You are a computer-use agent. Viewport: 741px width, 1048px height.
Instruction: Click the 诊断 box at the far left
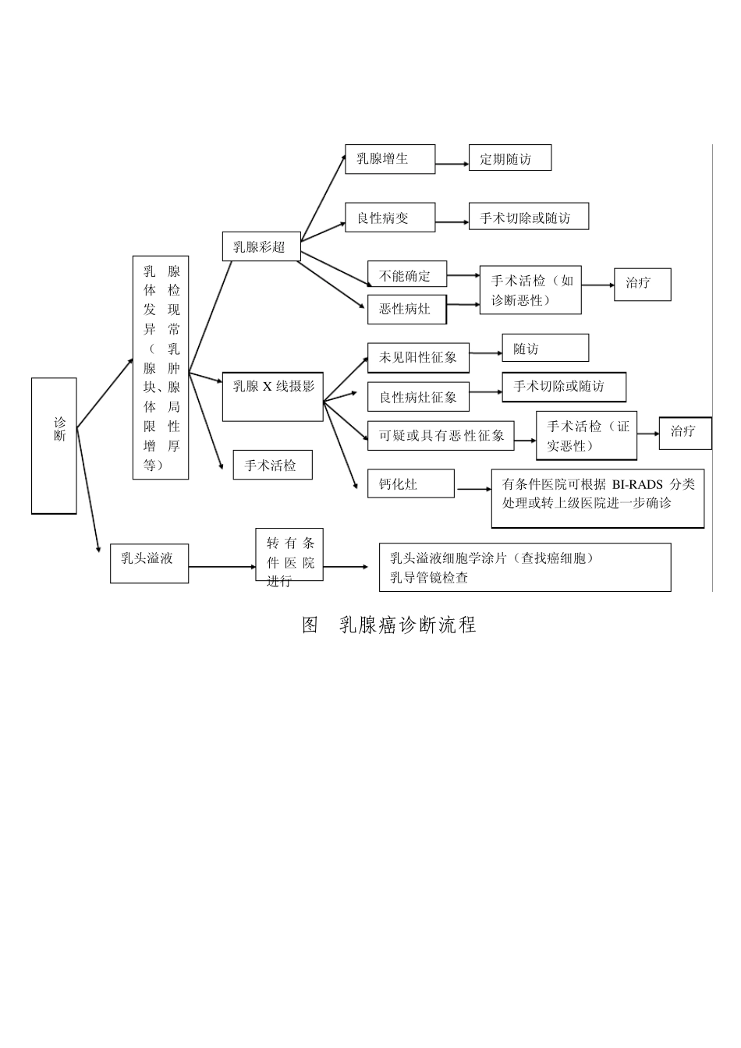(x=54, y=445)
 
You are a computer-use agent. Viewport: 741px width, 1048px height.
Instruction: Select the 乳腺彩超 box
(x=261, y=247)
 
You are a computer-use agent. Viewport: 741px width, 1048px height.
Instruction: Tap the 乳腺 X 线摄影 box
(x=273, y=397)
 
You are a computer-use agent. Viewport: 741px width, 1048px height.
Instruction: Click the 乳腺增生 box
(x=390, y=159)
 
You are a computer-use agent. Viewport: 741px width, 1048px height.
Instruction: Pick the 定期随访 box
(x=509, y=158)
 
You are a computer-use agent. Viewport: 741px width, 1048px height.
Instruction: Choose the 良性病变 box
(x=390, y=218)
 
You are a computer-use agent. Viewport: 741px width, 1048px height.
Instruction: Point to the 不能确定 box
(x=407, y=274)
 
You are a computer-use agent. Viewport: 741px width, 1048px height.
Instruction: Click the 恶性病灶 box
(x=407, y=310)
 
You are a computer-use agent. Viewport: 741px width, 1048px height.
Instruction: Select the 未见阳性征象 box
(x=418, y=358)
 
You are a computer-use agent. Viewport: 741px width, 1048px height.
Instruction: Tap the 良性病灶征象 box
(x=418, y=397)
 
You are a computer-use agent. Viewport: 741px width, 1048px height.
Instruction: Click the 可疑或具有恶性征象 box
(x=441, y=435)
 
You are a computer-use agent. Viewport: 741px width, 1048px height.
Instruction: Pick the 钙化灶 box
(x=410, y=483)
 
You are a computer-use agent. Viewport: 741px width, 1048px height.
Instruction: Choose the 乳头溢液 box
(x=149, y=561)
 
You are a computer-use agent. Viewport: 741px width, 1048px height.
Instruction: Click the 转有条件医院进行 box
(x=289, y=555)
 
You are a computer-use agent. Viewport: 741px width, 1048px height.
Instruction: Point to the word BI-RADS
(x=637, y=484)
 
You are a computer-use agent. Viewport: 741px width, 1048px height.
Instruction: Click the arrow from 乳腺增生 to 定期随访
(x=452, y=164)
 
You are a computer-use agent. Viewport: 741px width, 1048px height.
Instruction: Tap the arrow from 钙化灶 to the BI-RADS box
(x=472, y=489)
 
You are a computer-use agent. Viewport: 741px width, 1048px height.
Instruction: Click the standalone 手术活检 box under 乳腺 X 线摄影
(x=272, y=465)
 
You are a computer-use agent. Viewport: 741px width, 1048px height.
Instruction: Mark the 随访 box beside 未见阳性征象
(x=544, y=349)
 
